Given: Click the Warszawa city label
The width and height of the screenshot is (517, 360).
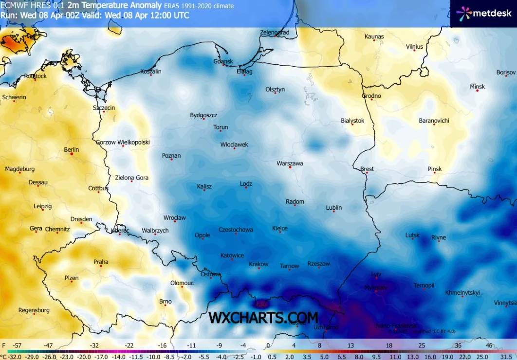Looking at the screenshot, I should tap(290, 163).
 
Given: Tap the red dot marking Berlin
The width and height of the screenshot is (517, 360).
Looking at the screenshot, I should tap(72, 154).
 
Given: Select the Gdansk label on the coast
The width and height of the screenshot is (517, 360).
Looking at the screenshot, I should tap(223, 61).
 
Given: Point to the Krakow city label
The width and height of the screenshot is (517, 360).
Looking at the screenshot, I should tap(258, 264).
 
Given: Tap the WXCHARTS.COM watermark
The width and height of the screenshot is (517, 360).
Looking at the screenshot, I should tap(263, 317).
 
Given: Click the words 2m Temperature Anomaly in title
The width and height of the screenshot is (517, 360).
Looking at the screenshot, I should tap(114, 6).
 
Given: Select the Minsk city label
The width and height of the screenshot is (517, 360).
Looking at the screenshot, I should tap(477, 87).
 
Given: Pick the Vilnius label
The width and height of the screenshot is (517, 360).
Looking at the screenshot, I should tap(414, 47).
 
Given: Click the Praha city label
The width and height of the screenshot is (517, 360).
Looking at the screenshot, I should tap(101, 262).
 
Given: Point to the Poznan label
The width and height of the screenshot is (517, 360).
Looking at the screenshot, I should tap(171, 156).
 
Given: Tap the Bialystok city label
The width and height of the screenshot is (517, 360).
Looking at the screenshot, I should tap(352, 120).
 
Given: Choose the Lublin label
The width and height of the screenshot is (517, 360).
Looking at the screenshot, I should tap(333, 207).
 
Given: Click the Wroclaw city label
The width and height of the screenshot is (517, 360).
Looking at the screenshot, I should tap(174, 218).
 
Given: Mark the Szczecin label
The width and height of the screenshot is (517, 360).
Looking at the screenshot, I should tap(104, 108).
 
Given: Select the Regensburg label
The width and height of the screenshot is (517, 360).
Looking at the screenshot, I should tap(34, 310).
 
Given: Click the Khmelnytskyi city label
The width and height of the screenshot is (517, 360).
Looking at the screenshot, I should tap(462, 293).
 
